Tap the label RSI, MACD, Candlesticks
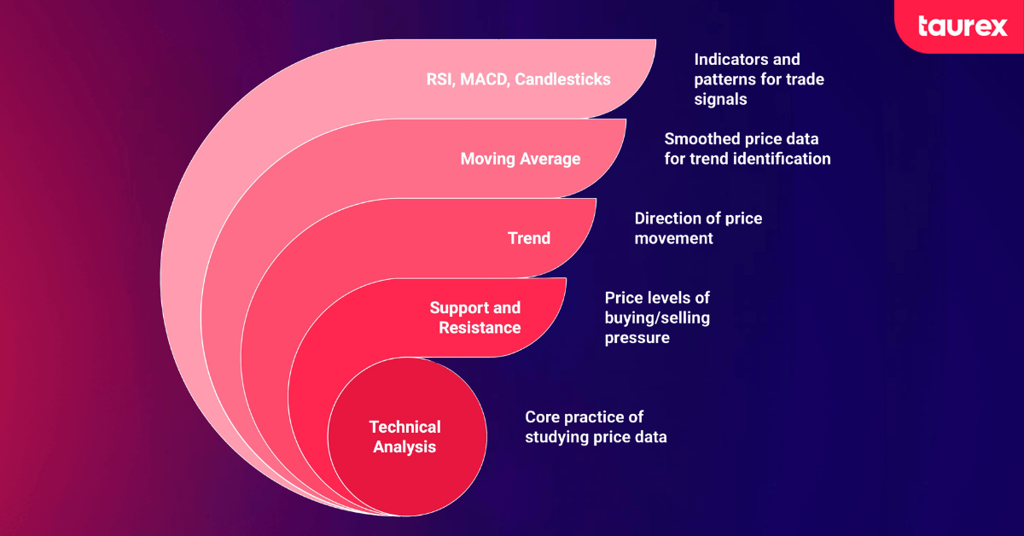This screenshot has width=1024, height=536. click(518, 79)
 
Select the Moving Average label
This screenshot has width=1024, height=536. click(520, 159)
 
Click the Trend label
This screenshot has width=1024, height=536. click(529, 238)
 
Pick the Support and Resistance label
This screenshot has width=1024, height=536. click(475, 318)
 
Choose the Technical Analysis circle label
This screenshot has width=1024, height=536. click(404, 436)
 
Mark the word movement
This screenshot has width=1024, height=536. click(673, 238)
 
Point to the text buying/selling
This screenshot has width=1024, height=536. click(657, 318)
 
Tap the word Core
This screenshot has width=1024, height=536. click(543, 417)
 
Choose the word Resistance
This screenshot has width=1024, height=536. click(480, 328)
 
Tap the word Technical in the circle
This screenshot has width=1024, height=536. click(404, 427)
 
